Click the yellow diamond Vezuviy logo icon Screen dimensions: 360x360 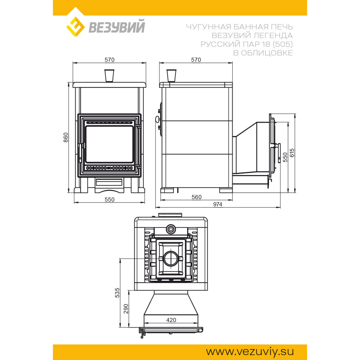tap(75, 27)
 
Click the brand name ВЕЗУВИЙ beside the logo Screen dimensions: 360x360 tap(117, 27)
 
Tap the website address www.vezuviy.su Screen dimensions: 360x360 tap(250, 351)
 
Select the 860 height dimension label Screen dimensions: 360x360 tap(66, 137)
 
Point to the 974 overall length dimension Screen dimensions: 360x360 tap(218, 204)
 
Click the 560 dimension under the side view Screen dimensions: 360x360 tap(197, 197)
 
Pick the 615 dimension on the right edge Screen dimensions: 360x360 tap(292, 153)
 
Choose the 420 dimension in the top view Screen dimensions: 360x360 tap(171, 320)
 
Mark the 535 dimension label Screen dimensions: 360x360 tap(117, 293)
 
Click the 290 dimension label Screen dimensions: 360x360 tap(126, 309)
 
